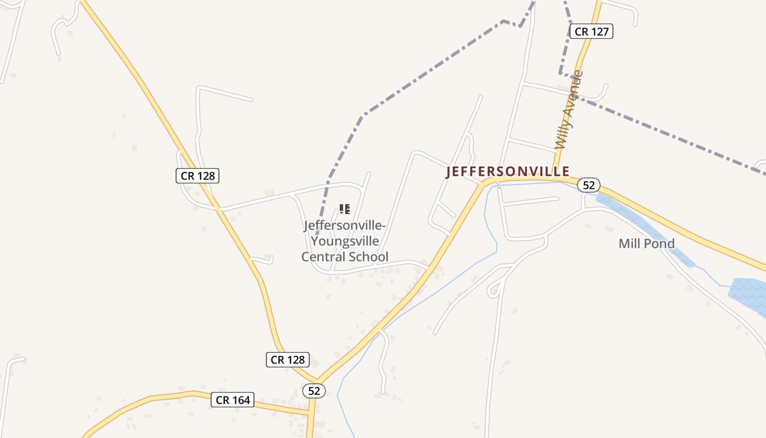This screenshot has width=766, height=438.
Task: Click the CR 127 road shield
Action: tap(591, 32)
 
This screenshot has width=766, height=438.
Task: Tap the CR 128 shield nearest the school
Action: tap(198, 176)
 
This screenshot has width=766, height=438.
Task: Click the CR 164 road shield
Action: tap(233, 400)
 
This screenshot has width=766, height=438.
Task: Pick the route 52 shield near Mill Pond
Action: tap(588, 185)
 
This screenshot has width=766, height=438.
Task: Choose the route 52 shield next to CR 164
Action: tap(314, 391)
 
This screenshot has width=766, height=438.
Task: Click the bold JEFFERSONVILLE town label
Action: tap(508, 172)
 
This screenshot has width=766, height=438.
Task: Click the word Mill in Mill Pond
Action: tap(629, 244)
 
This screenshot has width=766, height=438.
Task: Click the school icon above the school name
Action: tap(344, 209)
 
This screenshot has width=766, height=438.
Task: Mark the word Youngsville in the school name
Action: tap(345, 241)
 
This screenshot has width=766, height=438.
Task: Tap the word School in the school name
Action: tap(369, 256)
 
